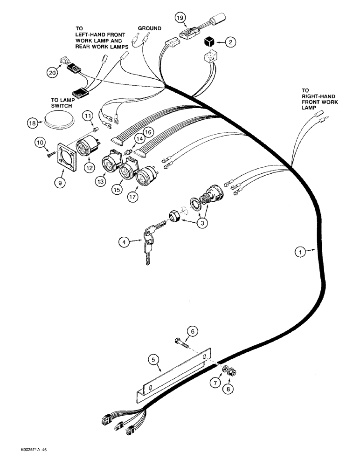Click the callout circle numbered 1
301,252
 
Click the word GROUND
149,28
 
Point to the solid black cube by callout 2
210,42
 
